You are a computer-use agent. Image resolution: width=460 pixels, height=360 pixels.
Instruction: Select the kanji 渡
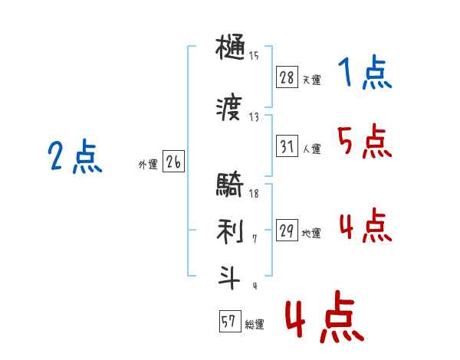coord(229,106)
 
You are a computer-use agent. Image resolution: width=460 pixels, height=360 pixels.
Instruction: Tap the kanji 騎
coord(230,184)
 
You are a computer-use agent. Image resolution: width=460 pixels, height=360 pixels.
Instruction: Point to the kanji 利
coord(230,231)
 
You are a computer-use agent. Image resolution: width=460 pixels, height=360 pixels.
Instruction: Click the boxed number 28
coord(287,77)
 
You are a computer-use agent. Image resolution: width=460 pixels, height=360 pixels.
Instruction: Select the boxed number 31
coord(287,146)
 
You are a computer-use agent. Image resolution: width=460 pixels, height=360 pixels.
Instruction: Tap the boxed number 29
coord(287,230)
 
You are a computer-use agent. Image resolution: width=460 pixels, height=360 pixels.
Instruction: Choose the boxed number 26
coord(173,161)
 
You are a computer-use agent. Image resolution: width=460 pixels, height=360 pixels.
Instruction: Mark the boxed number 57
coord(230,321)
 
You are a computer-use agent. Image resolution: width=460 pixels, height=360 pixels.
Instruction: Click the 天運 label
coord(311,80)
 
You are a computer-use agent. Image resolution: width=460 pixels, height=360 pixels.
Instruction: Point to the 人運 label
coord(311,149)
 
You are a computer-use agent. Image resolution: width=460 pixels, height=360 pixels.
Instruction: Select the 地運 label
coord(311,233)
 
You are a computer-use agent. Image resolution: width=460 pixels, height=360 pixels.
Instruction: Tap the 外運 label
coord(148,165)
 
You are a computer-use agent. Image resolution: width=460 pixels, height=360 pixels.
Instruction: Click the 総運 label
coord(255,324)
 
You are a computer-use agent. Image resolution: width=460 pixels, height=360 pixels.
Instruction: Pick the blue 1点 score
coord(365,72)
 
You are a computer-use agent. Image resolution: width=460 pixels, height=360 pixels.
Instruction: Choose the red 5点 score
coord(365,141)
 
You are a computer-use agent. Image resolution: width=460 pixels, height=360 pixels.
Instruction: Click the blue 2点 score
coord(75,156)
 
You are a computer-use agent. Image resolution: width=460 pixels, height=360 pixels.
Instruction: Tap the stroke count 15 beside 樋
coord(254,56)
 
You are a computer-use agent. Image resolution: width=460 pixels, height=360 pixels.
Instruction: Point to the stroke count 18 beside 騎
coord(254,194)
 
